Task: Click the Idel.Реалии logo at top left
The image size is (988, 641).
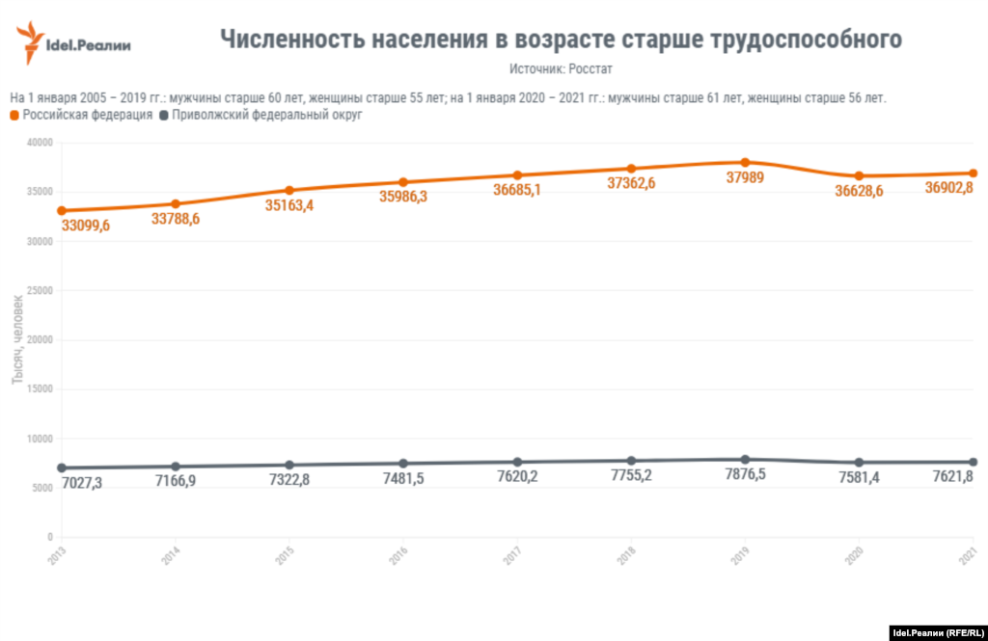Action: point(73,43)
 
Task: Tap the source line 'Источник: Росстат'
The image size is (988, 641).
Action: point(561,69)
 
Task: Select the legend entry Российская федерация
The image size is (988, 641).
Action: point(81,115)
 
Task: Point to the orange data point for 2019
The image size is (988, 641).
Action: point(745,162)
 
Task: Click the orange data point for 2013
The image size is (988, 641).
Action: point(62,210)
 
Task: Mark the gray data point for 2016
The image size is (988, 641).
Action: point(403,464)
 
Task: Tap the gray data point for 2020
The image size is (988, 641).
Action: point(859,463)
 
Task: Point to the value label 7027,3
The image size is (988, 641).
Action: point(81,481)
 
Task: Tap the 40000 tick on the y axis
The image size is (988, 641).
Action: point(40,143)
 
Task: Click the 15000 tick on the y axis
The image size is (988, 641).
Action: point(40,388)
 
